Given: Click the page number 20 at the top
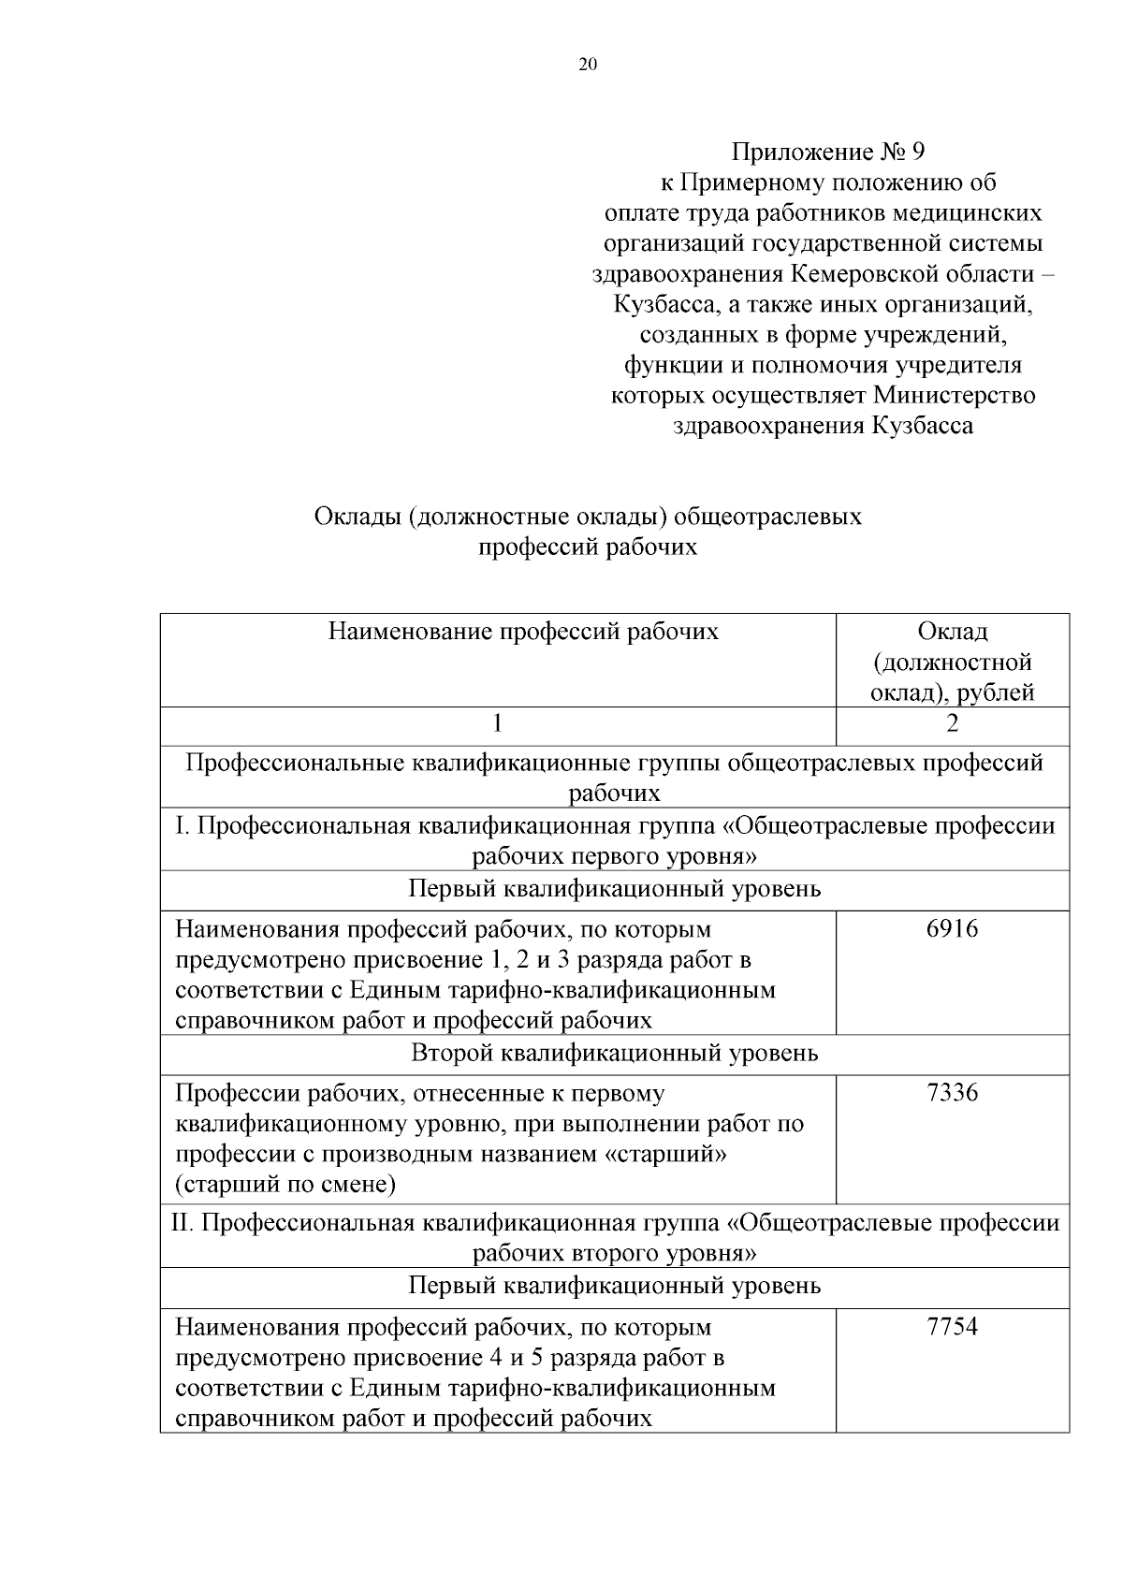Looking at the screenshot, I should (588, 65).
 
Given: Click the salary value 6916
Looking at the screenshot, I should (952, 929).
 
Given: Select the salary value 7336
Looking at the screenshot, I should (952, 1093).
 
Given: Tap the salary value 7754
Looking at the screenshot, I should (952, 1327).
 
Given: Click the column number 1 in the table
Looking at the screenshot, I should (497, 723).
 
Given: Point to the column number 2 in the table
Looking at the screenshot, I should (953, 723).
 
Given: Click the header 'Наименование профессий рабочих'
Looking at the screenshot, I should (523, 632).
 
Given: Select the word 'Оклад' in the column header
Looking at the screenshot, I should (953, 632).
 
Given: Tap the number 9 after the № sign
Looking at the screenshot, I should (917, 152).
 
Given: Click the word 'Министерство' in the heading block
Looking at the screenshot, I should (955, 395).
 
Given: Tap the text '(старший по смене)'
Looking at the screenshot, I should (285, 1185).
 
